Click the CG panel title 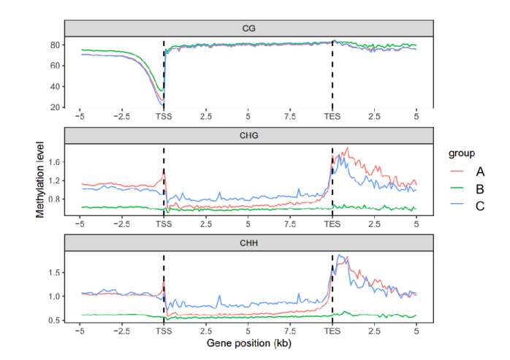pos(248,28)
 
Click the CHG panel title pos(248,135)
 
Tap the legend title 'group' pos(462,153)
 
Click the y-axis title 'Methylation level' pos(41,180)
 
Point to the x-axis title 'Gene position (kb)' pos(248,342)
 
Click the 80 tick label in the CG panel pos(54,45)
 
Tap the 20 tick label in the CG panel pos(54,107)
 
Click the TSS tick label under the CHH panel pos(164,331)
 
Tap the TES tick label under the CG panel pos(332,116)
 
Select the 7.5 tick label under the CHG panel pos(290,223)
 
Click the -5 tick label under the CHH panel pos(80,331)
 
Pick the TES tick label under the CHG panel pos(332,223)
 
